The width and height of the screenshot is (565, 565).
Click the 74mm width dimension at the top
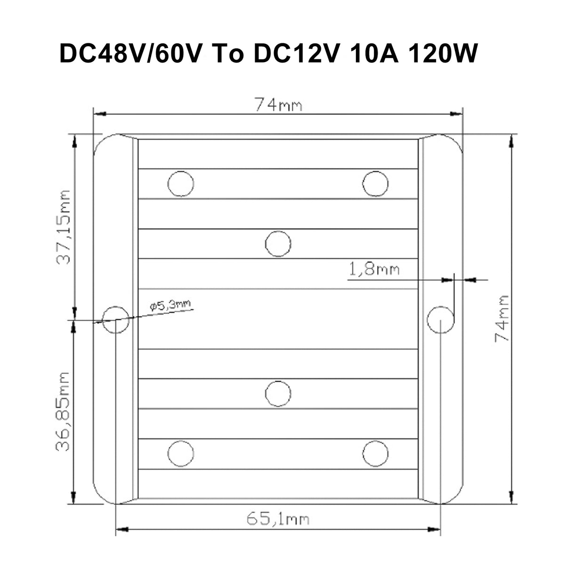tap(278, 105)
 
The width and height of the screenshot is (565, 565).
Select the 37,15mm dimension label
tap(63, 227)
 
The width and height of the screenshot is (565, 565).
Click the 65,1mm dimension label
tap(278, 519)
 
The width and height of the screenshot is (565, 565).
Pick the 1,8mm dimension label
tap(374, 269)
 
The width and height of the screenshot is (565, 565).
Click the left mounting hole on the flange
tap(116, 320)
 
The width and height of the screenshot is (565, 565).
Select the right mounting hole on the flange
tap(440, 320)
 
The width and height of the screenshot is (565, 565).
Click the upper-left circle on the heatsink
tap(181, 184)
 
